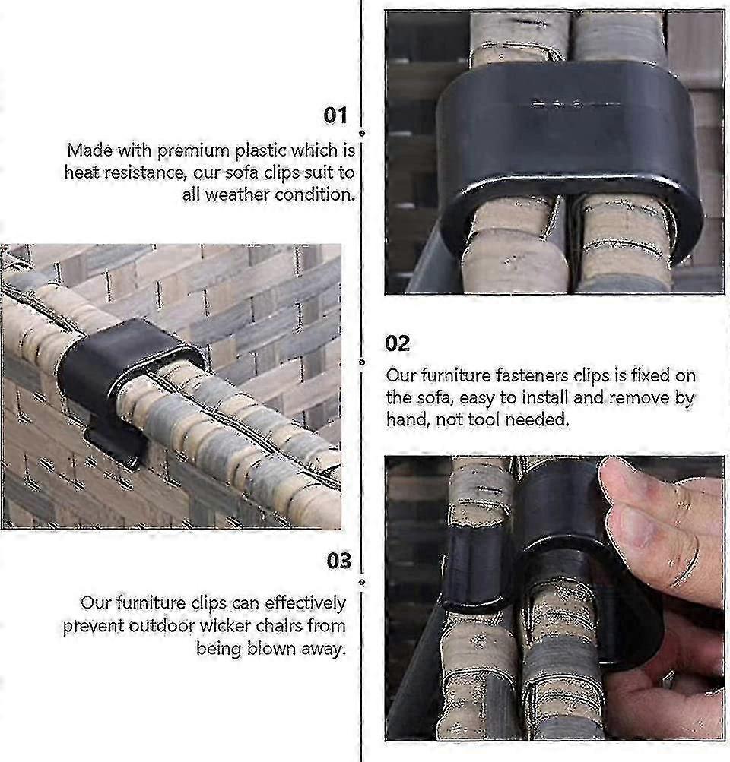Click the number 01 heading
click(x=335, y=115)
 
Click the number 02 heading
click(x=397, y=343)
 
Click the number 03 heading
click(x=339, y=561)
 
